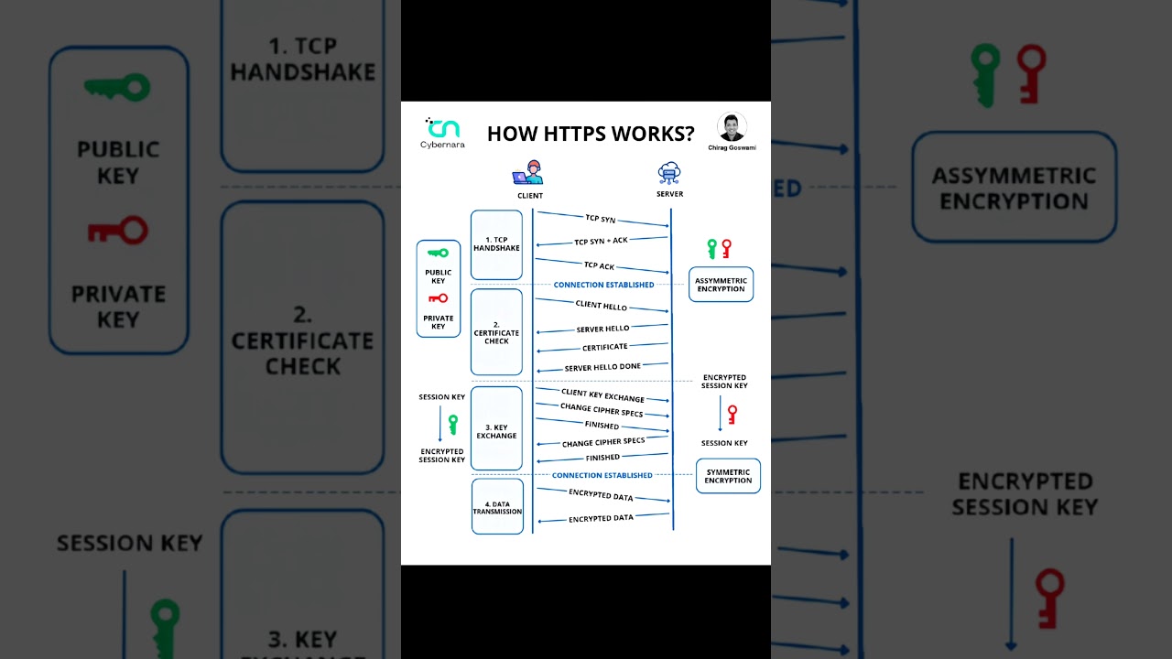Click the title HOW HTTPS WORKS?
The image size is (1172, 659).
coord(590,134)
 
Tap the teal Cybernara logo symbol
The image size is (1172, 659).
coord(444,127)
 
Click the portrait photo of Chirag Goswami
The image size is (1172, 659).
coord(732,127)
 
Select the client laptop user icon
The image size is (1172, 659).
coord(528,173)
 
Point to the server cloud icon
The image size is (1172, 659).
coord(669,173)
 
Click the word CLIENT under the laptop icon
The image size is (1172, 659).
coord(529,196)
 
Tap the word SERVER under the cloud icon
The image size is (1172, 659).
coord(669,194)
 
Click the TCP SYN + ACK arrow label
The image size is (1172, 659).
coord(601,241)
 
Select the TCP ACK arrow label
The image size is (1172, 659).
coord(600,265)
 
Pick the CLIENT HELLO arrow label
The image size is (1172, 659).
coord(601,306)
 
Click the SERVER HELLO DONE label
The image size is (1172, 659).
coord(602,367)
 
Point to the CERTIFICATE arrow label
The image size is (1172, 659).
coord(604,347)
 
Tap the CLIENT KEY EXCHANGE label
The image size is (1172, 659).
coord(602,394)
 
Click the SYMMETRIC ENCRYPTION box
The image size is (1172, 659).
coord(728,476)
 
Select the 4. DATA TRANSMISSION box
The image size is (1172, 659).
coord(497,507)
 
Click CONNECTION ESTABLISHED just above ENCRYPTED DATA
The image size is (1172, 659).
coord(602,476)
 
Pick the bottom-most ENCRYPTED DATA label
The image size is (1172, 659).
coord(601,518)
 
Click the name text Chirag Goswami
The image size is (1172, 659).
coord(732,147)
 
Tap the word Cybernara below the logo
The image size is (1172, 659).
coord(442,145)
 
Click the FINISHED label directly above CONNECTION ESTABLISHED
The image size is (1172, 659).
coord(602,458)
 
